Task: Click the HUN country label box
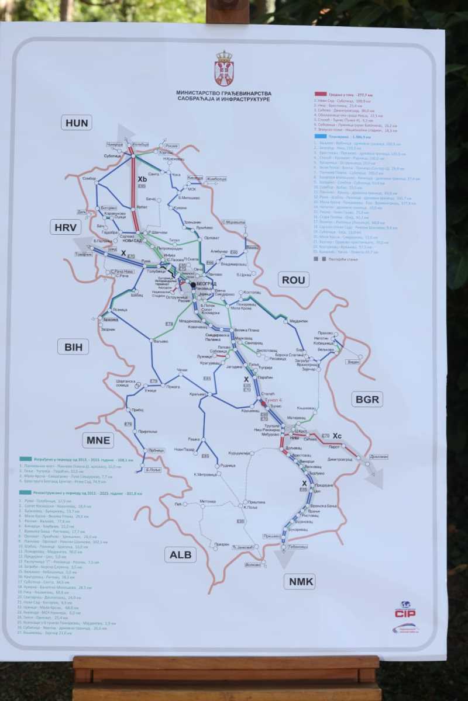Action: (77, 122)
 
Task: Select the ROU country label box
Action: (294, 280)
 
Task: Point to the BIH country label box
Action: (73, 347)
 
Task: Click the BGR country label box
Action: (367, 400)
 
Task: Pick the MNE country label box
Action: (98, 440)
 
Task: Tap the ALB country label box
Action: (180, 554)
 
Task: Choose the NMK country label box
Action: (302, 581)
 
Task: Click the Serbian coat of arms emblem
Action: (224, 68)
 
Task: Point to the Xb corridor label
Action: (142, 179)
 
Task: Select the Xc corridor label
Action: (337, 436)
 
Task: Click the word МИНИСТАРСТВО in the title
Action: (200, 93)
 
